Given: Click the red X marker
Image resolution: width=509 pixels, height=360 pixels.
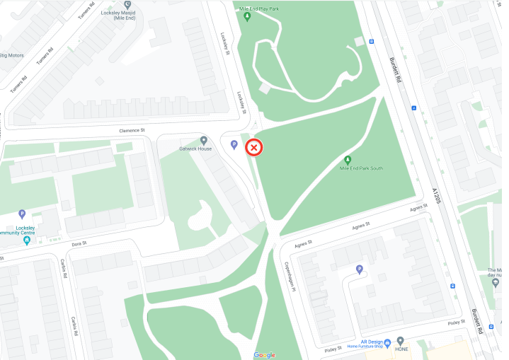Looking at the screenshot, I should (x=254, y=148).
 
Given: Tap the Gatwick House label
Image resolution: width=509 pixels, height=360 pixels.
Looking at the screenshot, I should (x=195, y=149).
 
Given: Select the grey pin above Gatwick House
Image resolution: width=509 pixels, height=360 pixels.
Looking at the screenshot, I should (x=204, y=140).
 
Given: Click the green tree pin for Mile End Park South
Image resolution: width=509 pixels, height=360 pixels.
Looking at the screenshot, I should (x=348, y=160).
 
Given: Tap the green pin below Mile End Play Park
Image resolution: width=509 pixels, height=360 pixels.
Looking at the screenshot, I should (x=247, y=16).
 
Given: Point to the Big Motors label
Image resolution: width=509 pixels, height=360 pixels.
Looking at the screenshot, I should (x=13, y=54).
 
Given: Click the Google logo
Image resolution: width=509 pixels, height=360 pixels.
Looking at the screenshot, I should (x=264, y=355).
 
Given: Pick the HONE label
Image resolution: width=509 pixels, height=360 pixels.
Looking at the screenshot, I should (x=401, y=349).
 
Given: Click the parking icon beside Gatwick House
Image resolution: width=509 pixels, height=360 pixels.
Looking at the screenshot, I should (x=234, y=145).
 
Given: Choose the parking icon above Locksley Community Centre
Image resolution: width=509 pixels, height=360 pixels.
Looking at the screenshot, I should (x=22, y=213).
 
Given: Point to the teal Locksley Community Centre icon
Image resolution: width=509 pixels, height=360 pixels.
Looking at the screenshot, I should (x=27, y=240).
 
